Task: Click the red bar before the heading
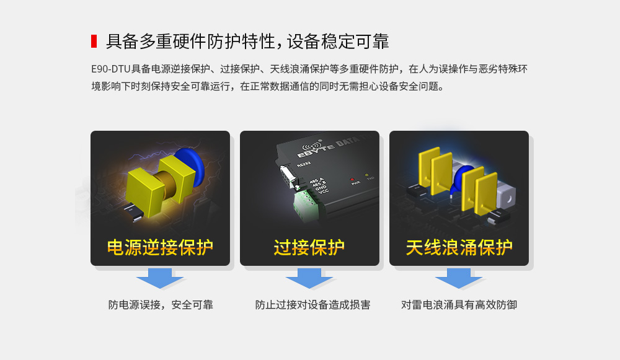coord(94,42)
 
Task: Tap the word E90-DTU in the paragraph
coord(110,69)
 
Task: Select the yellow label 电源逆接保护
coord(160,247)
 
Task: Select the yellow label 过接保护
coord(309,247)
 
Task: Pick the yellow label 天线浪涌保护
coord(459,247)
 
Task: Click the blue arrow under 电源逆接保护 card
coord(160,278)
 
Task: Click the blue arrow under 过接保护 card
coord(309,278)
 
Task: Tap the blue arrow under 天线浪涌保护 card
coord(459,278)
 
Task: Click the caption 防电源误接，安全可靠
coord(161,305)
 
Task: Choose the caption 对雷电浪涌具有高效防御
coord(459,305)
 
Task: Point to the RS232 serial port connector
coord(287,174)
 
